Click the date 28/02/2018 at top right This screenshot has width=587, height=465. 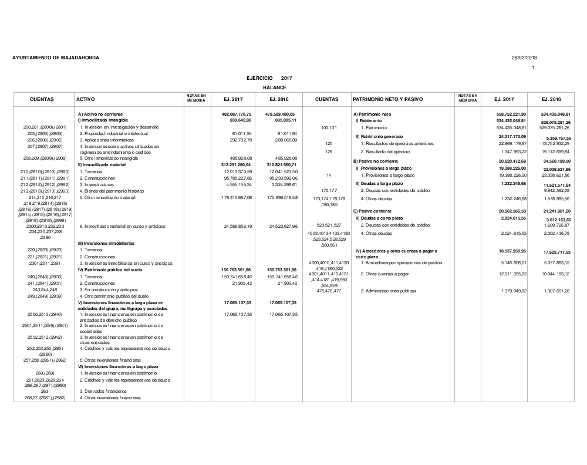pyautogui.click(x=524, y=58)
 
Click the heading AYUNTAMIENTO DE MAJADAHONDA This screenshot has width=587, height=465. pyautogui.click(x=56, y=58)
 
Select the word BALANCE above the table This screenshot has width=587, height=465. pyautogui.click(x=274, y=87)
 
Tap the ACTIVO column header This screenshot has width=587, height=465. pyautogui.click(x=86, y=100)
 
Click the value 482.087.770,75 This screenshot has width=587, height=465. pyautogui.click(x=237, y=114)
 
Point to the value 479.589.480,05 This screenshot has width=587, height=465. pyautogui.click(x=280, y=114)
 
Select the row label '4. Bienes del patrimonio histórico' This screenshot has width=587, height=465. pyautogui.click(x=112, y=191)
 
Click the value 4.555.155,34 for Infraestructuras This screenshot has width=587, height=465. pyautogui.click(x=238, y=184)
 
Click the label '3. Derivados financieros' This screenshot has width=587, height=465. pyautogui.click(x=103, y=391)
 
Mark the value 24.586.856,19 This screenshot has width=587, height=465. pyautogui.click(x=238, y=226)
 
